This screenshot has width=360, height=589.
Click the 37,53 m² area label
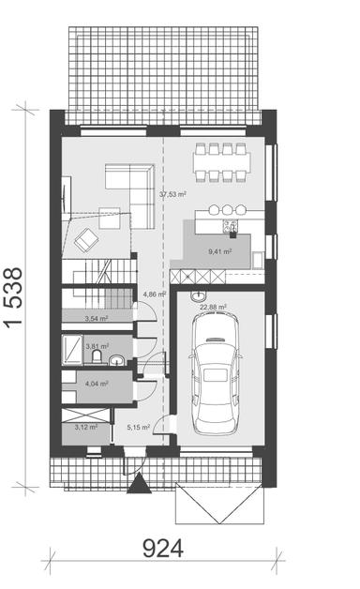pos(172,194)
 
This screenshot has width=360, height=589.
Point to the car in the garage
pos(217,373)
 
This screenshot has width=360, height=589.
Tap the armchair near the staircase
pos(86,238)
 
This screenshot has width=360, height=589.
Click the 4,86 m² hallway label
pos(154,294)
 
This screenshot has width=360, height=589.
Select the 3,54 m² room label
pos(97,319)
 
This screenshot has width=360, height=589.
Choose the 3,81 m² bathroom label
pos(96,346)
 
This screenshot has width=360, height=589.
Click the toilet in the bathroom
pos(113,359)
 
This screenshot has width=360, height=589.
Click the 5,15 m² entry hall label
pos(139,428)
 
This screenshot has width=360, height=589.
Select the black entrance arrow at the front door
pos(139,485)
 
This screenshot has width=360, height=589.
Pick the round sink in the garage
pos(197,295)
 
